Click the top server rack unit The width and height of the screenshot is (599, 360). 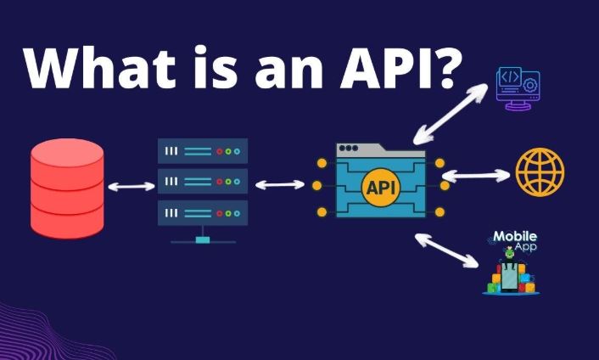(203, 151)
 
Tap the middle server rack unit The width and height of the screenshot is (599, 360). (203, 181)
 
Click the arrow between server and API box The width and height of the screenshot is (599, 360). (279, 183)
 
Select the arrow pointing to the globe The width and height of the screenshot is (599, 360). (476, 176)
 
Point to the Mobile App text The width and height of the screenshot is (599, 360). (515, 240)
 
